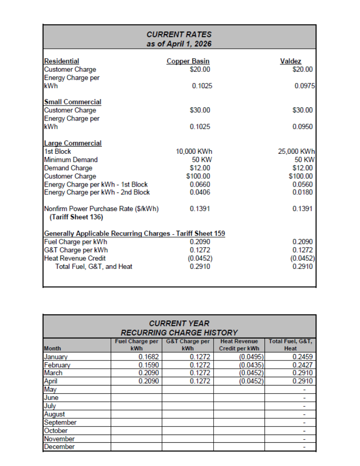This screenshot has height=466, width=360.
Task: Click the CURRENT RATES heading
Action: point(179,34)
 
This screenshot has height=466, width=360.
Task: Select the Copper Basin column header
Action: point(188,61)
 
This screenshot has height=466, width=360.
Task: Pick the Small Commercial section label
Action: point(72,102)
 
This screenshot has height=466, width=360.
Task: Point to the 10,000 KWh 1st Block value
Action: point(194,152)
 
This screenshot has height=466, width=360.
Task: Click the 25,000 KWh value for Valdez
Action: point(296,152)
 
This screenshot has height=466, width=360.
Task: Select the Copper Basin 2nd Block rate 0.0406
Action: point(200,192)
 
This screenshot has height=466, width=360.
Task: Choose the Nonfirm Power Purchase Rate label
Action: point(101,209)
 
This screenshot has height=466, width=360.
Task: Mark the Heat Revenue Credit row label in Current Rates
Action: point(75,258)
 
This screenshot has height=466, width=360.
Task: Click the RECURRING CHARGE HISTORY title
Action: point(179,333)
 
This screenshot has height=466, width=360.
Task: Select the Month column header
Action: point(52,348)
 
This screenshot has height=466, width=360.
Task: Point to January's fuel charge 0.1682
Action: point(148,357)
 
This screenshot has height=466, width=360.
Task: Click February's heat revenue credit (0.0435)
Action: point(252,365)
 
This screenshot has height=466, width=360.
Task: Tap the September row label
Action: point(60,422)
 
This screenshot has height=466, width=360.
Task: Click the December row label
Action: point(59,447)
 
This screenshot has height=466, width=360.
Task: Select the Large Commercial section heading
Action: point(73,143)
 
